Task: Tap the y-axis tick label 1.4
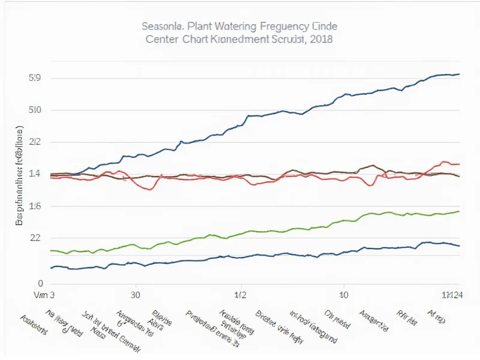pyautogui.click(x=34, y=174)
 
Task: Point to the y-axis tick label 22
pyautogui.click(x=34, y=238)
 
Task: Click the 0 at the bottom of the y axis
pyautogui.click(x=41, y=283)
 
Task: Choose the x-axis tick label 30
pyautogui.click(x=136, y=295)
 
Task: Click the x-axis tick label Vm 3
pyautogui.click(x=44, y=295)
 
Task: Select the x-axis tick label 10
pyautogui.click(x=344, y=295)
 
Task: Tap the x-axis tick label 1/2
pyautogui.click(x=241, y=295)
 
